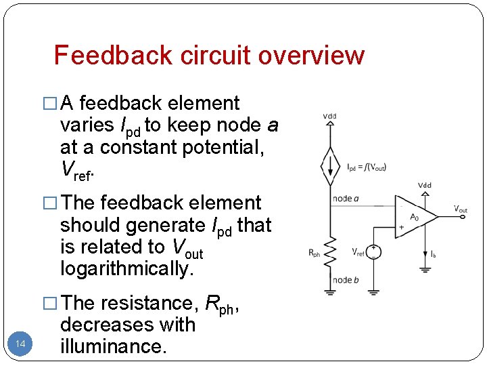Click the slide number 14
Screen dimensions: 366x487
[20, 345]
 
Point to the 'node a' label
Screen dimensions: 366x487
[345, 199]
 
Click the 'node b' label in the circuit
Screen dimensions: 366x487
[345, 280]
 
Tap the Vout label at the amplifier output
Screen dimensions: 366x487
[460, 209]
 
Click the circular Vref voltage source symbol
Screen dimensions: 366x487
[374, 251]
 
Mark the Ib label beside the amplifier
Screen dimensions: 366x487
[433, 253]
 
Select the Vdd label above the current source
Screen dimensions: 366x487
[330, 117]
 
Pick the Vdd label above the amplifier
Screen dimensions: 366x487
[425, 184]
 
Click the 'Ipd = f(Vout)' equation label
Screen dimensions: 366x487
[367, 167]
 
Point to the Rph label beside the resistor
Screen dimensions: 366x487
[315, 254]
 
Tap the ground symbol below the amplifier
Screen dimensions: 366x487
[425, 269]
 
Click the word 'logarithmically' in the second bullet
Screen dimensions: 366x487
[126, 269]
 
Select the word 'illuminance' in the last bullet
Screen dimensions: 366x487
[112, 346]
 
